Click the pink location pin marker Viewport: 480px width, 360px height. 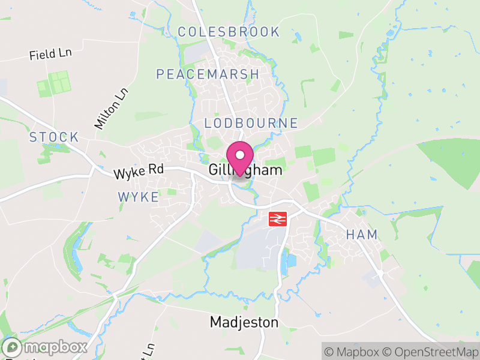[x=240, y=157]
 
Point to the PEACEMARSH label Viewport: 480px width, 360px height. [x=208, y=74]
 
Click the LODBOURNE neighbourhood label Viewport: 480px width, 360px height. [x=251, y=123]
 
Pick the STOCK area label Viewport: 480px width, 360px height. [x=54, y=137]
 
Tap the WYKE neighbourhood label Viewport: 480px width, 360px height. [x=139, y=197]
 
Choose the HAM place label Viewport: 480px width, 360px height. [x=362, y=235]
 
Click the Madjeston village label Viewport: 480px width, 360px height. [x=244, y=323]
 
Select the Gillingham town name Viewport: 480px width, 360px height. [x=246, y=170]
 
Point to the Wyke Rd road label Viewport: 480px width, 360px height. [x=139, y=172]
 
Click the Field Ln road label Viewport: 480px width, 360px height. [x=50, y=55]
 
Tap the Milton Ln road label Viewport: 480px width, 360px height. [x=112, y=109]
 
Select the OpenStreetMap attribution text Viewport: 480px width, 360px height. [x=431, y=352]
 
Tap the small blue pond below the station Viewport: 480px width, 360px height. [x=291, y=261]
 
